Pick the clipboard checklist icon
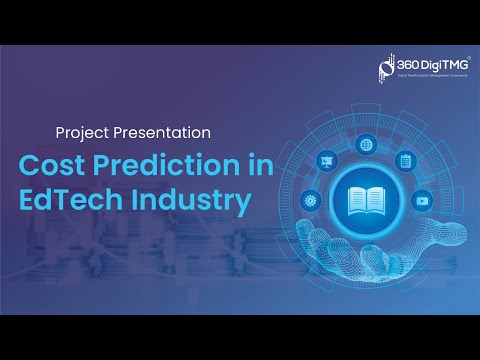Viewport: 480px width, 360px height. [x=405, y=160]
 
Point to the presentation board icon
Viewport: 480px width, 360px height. [x=324, y=159]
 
